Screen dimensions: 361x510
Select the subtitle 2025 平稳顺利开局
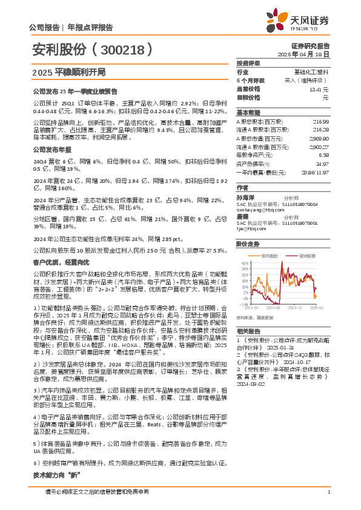[x=67, y=72]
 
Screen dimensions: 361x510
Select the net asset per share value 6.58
[x=323, y=155]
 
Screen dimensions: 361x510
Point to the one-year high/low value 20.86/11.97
[x=315, y=172]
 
